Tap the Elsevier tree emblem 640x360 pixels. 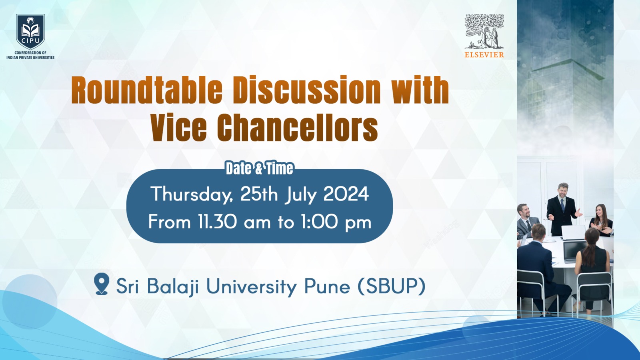484,31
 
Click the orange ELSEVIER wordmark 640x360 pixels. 484,55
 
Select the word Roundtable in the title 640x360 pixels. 147,90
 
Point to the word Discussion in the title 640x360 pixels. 307,90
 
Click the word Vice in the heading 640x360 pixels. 179,128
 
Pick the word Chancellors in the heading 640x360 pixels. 298,128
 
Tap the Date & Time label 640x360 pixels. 259,168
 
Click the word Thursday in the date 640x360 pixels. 191,194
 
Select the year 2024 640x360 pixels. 346,194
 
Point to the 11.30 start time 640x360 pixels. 217,222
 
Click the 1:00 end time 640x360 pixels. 319,222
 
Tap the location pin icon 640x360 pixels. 102,284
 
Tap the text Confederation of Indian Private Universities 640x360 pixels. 30,55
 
